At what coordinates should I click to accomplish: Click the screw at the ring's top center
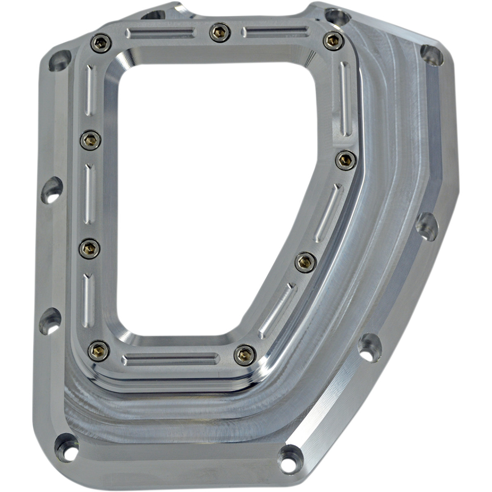[220, 33]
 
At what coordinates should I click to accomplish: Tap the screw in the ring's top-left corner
[101, 43]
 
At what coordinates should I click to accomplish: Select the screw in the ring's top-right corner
[333, 41]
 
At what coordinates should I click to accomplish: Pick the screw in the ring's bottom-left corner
[99, 351]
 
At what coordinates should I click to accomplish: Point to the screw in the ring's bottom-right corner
[245, 355]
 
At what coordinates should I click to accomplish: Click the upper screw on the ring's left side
[91, 141]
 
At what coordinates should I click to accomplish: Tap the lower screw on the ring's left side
[89, 248]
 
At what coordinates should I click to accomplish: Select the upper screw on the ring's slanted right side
[346, 160]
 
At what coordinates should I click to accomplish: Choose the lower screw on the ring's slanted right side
[305, 262]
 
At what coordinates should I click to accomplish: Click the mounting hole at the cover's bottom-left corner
[66, 446]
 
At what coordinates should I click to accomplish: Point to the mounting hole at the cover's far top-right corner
[432, 55]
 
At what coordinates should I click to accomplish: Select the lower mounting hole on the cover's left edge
[50, 321]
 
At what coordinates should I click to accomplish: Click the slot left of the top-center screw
[159, 33]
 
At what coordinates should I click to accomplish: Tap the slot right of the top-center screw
[275, 32]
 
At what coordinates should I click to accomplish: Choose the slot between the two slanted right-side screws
[328, 212]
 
